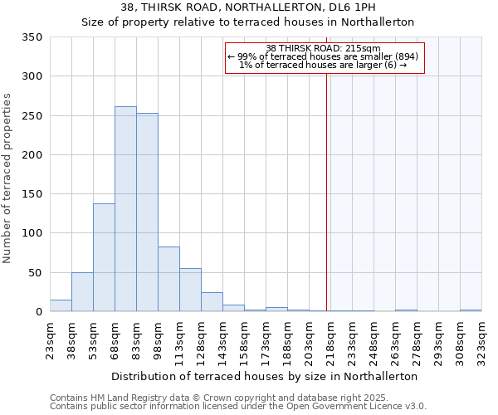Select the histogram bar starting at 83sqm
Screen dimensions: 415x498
pos(147,212)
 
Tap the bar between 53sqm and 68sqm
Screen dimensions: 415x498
pos(104,257)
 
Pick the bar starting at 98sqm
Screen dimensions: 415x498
pos(168,279)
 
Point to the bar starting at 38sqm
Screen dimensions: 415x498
pos(82,292)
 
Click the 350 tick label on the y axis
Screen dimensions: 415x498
pos(32,37)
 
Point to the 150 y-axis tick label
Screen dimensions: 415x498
pos(32,194)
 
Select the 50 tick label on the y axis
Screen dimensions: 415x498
pos(36,272)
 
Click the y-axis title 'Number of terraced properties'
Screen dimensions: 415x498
pos(8,178)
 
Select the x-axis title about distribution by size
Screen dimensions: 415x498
pos(263,376)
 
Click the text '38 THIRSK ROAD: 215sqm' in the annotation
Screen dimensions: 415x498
pos(324,48)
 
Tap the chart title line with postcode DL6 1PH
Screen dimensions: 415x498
pos(247,7)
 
